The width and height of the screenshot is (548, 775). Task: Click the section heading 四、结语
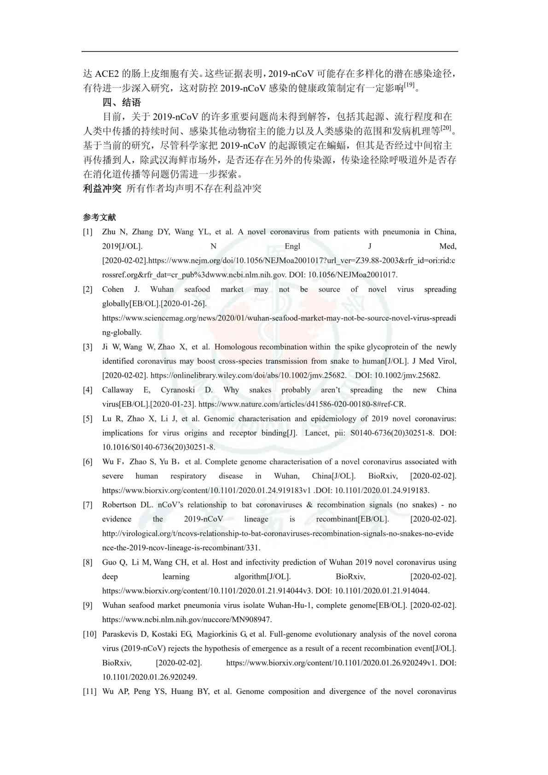(122, 102)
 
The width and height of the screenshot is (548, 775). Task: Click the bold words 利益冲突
(102, 188)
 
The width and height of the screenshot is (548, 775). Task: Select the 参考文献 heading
(99, 217)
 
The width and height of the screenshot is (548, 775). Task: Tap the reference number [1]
(87, 232)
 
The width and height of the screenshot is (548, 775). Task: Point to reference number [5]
(87, 419)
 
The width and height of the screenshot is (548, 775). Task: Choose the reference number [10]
(89, 634)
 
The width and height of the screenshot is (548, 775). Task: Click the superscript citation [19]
(409, 85)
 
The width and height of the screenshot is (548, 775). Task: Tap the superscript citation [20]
(446, 128)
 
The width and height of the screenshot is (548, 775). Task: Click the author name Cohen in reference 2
(113, 289)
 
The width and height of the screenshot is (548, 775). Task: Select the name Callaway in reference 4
(117, 390)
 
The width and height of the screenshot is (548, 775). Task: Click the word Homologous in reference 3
(235, 347)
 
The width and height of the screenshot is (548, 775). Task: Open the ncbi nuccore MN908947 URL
(187, 619)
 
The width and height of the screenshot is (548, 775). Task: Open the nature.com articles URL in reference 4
(302, 404)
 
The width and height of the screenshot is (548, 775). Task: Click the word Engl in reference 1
(292, 246)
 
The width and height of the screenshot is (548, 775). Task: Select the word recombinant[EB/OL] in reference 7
(352, 519)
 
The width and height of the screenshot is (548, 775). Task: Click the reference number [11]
(89, 691)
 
